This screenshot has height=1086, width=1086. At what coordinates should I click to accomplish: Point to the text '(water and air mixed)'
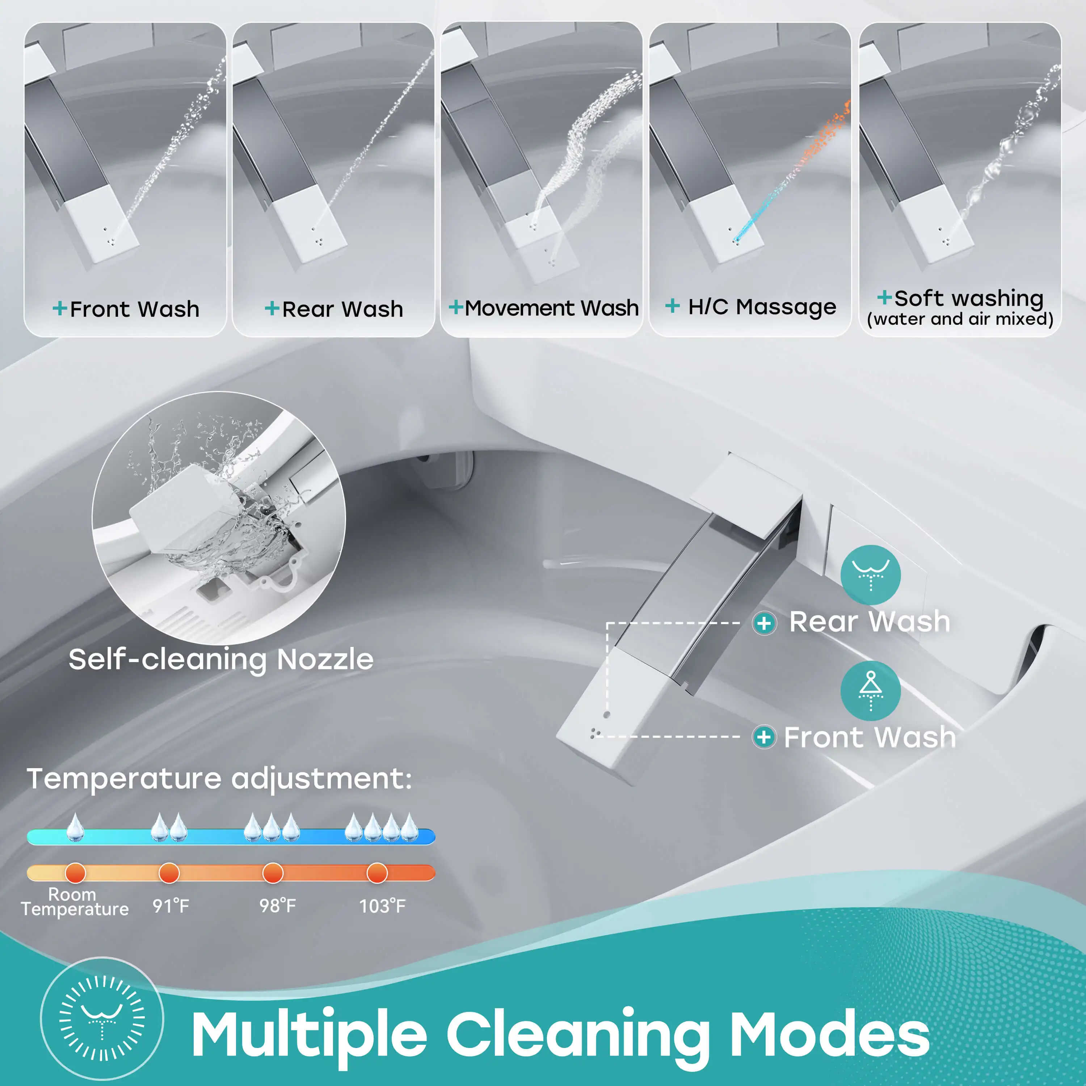coord(960,319)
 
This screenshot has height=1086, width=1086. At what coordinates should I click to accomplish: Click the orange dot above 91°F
coord(169,873)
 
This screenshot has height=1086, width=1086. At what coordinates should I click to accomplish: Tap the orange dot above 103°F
coord(376,873)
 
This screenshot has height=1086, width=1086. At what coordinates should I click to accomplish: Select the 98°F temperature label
coord(277,906)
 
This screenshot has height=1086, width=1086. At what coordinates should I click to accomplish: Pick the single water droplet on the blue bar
coord(75,828)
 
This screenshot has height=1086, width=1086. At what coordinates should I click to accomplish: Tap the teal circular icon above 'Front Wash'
coord(870,691)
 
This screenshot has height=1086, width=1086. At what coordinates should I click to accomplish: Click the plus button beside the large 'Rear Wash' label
coord(764,623)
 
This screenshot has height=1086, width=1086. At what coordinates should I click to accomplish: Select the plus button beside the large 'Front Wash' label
coord(764,737)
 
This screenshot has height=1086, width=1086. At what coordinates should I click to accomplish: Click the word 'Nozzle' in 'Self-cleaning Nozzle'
coord(325,659)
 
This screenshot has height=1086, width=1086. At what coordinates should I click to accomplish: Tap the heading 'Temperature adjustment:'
coord(219,779)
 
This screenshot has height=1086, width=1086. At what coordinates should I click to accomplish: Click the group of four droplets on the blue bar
coord(382,828)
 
